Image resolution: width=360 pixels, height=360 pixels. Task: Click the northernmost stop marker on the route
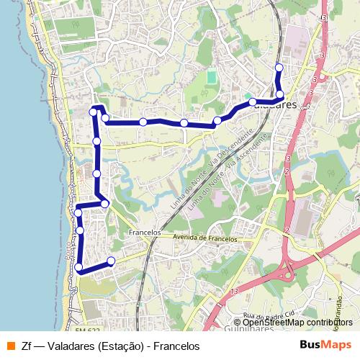pyautogui.click(x=279, y=68)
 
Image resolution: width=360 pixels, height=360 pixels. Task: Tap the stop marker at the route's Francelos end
pyautogui.click(x=111, y=261)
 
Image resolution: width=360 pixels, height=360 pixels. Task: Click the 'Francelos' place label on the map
pyautogui.click(x=143, y=233)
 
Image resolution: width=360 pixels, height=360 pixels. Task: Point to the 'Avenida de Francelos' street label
pyautogui.click(x=205, y=238)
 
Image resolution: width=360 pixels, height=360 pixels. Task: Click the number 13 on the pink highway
pyautogui.click(x=235, y=289)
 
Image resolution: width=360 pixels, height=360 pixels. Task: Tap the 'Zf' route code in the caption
pyautogui.click(x=26, y=346)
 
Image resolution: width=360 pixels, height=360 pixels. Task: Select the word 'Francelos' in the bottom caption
pyautogui.click(x=175, y=346)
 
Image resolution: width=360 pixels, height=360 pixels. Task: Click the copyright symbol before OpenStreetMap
pyautogui.click(x=238, y=323)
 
